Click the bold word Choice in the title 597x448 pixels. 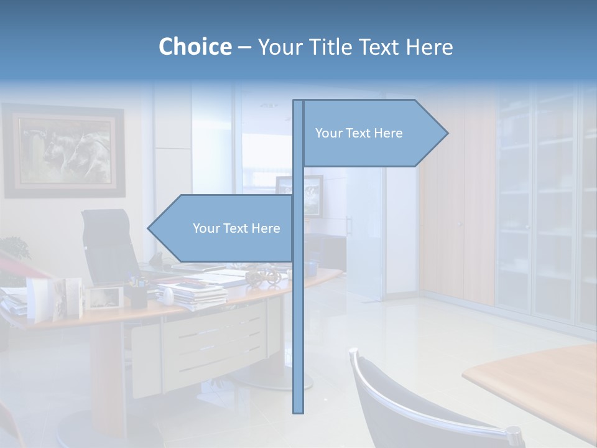tap(195, 47)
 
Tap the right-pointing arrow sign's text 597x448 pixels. tap(359, 133)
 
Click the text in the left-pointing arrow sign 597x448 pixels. tap(236, 228)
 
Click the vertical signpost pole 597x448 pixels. tap(298, 311)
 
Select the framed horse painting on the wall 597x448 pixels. tap(65, 151)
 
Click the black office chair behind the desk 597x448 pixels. tap(109, 246)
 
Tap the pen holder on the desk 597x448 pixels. tap(136, 294)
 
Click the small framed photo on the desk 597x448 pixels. tap(103, 297)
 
